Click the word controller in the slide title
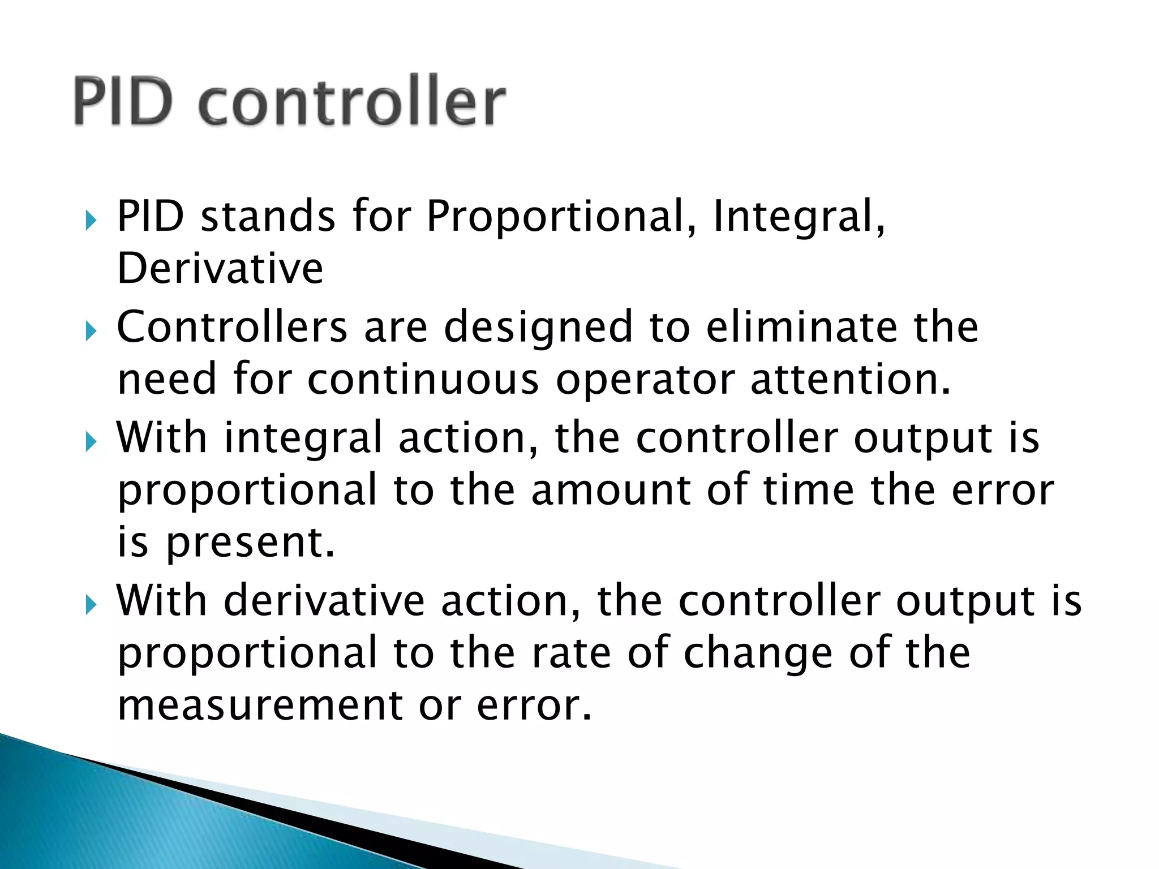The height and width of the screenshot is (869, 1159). click(352, 102)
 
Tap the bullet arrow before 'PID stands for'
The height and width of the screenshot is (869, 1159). click(91, 220)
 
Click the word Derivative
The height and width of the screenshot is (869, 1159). click(220, 269)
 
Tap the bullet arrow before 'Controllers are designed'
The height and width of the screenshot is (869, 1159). click(91, 330)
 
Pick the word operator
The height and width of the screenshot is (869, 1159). click(645, 381)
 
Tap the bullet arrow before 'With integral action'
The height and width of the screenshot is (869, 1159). click(91, 441)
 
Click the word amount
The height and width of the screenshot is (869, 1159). click(611, 491)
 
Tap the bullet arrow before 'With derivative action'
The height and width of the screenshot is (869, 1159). click(91, 605)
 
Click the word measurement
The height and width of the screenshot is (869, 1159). click(260, 706)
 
